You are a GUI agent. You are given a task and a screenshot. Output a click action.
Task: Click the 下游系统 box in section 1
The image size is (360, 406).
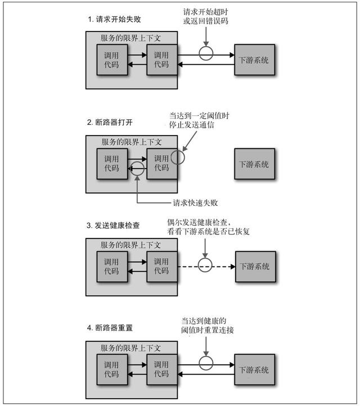click(254, 60)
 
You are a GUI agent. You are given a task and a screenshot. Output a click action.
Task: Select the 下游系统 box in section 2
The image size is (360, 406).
click(254, 164)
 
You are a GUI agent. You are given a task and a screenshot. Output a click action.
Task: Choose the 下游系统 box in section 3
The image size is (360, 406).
click(254, 266)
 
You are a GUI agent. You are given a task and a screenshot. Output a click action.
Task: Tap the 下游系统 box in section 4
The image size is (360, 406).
click(254, 370)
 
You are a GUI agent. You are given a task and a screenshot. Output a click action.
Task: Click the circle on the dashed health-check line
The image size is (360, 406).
click(206, 266)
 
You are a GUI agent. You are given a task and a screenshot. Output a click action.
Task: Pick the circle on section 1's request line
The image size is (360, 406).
click(206, 55)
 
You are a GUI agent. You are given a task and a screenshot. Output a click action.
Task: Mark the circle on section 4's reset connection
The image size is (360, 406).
click(206, 365)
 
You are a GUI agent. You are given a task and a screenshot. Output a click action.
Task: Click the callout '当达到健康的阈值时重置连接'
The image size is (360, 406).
click(208, 324)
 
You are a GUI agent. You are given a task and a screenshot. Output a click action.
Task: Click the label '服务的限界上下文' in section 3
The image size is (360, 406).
click(130, 245)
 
